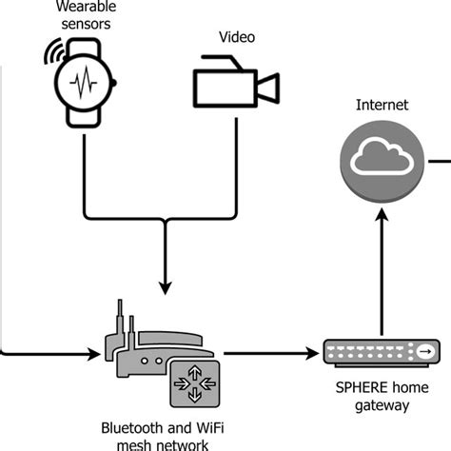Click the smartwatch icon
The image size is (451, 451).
tap(86, 82)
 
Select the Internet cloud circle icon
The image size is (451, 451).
tap(381, 161)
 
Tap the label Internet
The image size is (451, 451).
tap(381, 106)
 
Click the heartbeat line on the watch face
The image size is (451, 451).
tap(86, 83)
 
